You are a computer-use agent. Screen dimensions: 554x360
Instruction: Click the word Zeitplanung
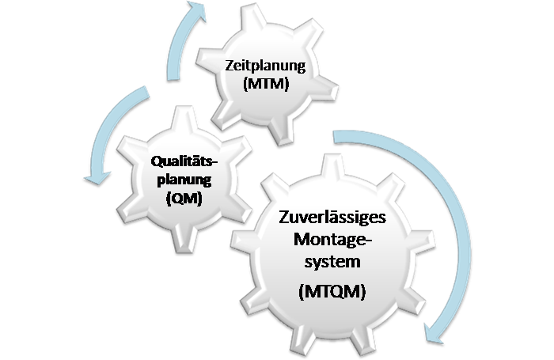[265, 66]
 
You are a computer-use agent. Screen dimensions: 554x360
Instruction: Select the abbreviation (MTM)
[266, 84]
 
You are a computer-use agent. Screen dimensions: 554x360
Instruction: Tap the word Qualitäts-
[184, 161]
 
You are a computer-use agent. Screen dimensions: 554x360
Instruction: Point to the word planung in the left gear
[184, 180]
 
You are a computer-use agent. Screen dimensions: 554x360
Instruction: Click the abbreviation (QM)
[184, 198]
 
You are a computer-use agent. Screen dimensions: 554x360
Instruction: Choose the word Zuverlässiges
[332, 217]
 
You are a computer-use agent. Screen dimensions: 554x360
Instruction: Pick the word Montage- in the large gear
[333, 239]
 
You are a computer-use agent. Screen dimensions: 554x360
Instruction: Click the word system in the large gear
[333, 262]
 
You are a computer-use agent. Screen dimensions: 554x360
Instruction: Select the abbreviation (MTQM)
[332, 292]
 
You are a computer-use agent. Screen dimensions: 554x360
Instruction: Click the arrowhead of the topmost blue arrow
[196, 10]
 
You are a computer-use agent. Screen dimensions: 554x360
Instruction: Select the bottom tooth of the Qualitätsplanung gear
[184, 240]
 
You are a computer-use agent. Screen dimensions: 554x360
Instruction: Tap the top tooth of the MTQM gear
[332, 165]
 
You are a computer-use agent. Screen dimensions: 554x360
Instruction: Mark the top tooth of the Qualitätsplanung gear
[184, 119]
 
